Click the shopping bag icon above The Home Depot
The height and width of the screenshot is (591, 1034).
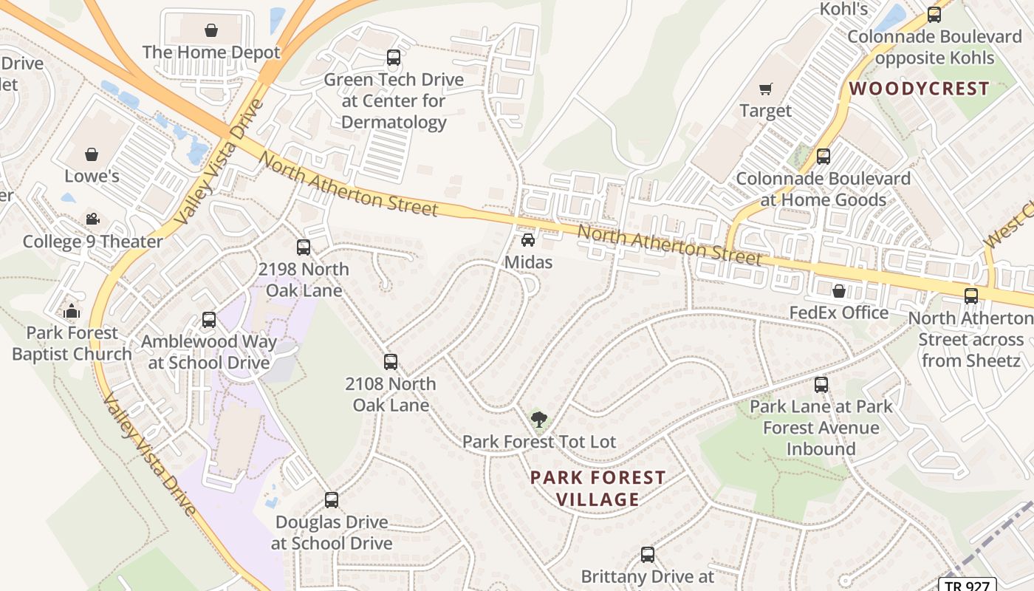(211, 30)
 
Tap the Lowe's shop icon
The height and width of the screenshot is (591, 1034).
(92, 154)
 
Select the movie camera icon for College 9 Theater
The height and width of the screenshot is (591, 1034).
(92, 219)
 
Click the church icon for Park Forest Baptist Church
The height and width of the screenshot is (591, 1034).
(72, 311)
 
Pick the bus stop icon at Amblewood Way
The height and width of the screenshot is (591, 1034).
(209, 320)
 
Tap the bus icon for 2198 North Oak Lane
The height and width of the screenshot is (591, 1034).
(304, 247)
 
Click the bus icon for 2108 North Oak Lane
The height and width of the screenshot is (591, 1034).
(391, 362)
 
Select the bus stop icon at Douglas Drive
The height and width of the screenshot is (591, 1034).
(332, 500)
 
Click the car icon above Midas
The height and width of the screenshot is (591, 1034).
(528, 240)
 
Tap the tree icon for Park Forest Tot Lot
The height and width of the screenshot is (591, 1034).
(539, 420)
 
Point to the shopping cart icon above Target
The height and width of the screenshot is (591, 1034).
(766, 89)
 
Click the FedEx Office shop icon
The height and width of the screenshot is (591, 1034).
(839, 291)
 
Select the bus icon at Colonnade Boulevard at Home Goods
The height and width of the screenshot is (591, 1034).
(824, 157)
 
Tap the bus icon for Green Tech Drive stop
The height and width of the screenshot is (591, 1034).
(394, 58)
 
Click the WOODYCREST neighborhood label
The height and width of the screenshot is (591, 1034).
(919, 89)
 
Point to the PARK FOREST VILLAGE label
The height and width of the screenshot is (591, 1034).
(598, 488)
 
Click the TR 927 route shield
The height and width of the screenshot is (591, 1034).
(967, 584)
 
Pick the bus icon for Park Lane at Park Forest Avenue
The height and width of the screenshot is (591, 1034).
(821, 385)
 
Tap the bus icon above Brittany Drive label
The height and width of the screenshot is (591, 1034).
(648, 555)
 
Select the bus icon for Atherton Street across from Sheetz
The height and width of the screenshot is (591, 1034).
(971, 296)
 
